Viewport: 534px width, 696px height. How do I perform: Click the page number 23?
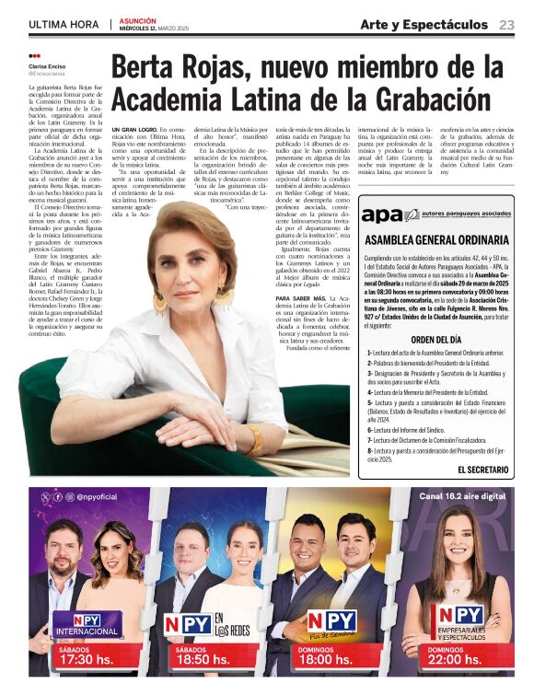coord(507,24)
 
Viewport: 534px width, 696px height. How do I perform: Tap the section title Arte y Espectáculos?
coord(424,24)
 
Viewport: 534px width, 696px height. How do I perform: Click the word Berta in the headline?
coord(148,68)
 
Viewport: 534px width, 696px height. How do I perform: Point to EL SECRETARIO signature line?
coord(483,470)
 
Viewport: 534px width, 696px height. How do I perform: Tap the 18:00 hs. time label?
coord(326,660)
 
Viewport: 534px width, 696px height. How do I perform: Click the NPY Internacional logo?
coord(86,623)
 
